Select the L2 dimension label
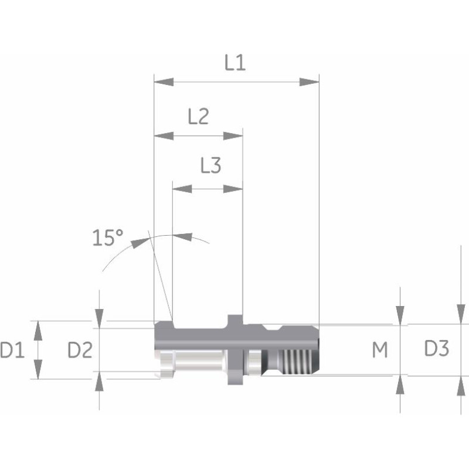[x=198, y=117]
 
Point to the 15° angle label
[x=108, y=237]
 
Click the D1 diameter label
[x=12, y=351]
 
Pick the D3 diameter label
[x=436, y=349]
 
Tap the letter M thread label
[x=380, y=351]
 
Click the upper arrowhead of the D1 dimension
[x=39, y=331]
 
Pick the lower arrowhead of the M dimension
[x=400, y=385]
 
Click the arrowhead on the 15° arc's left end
[x=139, y=241]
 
